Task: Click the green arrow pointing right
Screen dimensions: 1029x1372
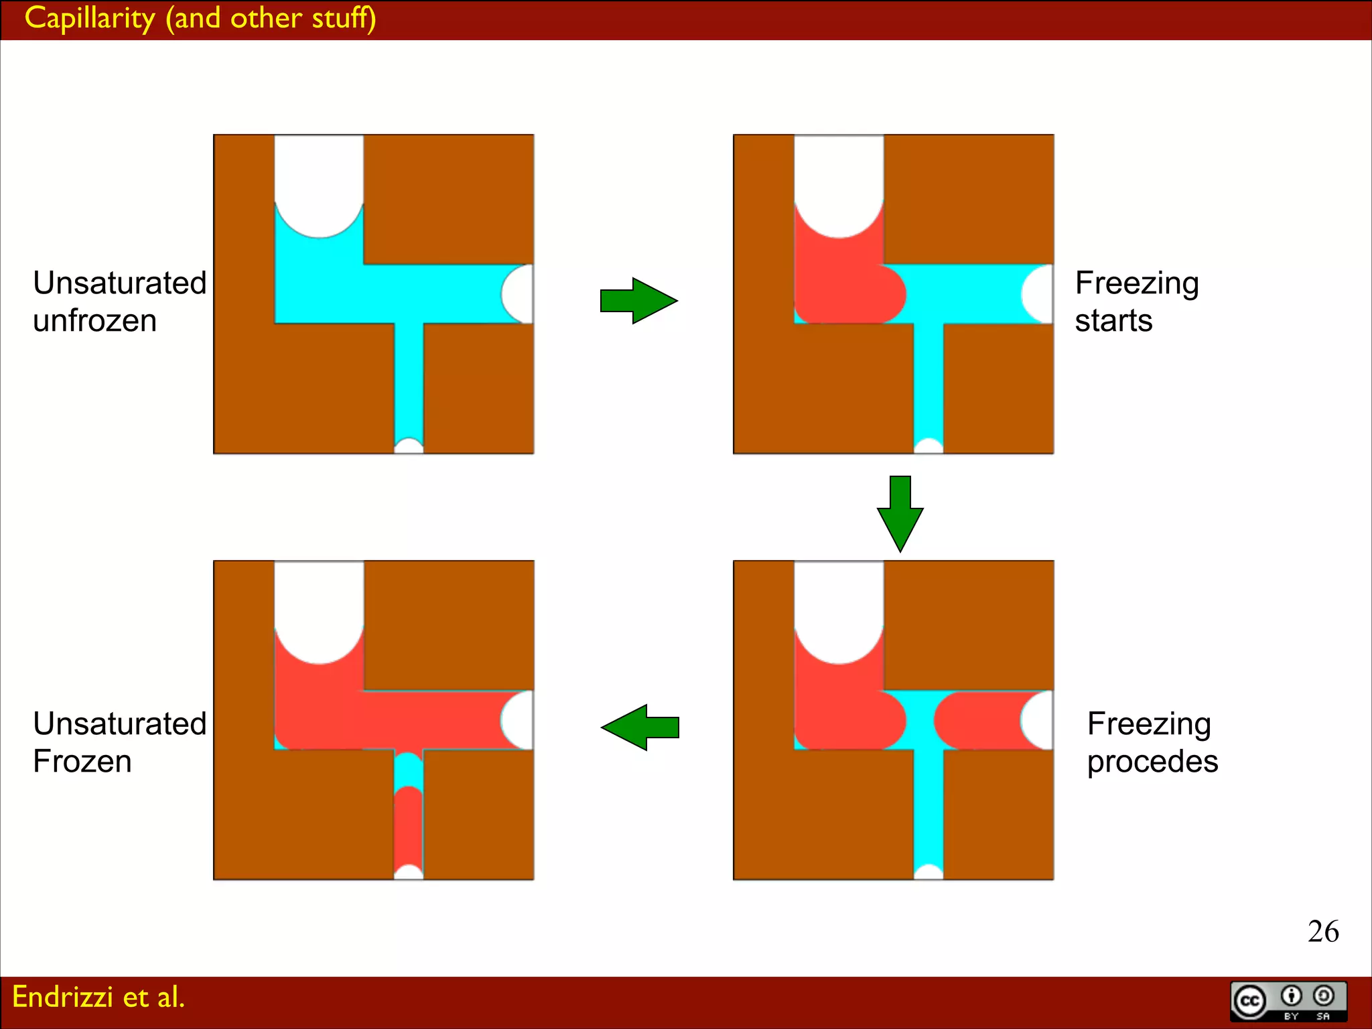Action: click(638, 301)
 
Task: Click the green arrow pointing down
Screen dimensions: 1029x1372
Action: click(900, 513)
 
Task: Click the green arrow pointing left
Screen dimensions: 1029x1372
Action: click(640, 727)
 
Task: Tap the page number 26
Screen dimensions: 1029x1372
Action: click(1322, 931)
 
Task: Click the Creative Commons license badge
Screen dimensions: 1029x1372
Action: click(1288, 1002)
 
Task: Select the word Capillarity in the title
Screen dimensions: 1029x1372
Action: click(90, 18)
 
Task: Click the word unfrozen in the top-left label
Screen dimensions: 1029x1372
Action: click(94, 321)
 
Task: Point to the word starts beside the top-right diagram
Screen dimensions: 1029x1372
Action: click(1113, 321)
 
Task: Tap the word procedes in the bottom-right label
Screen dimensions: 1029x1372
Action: click(1152, 762)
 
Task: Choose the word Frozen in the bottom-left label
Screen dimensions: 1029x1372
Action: click(82, 762)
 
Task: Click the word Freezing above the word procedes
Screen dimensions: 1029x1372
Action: click(1149, 724)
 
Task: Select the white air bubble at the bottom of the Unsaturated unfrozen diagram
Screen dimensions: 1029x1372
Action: click(409, 446)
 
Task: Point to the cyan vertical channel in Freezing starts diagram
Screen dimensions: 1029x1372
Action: click(929, 382)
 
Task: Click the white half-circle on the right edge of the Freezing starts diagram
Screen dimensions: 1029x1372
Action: click(1040, 294)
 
